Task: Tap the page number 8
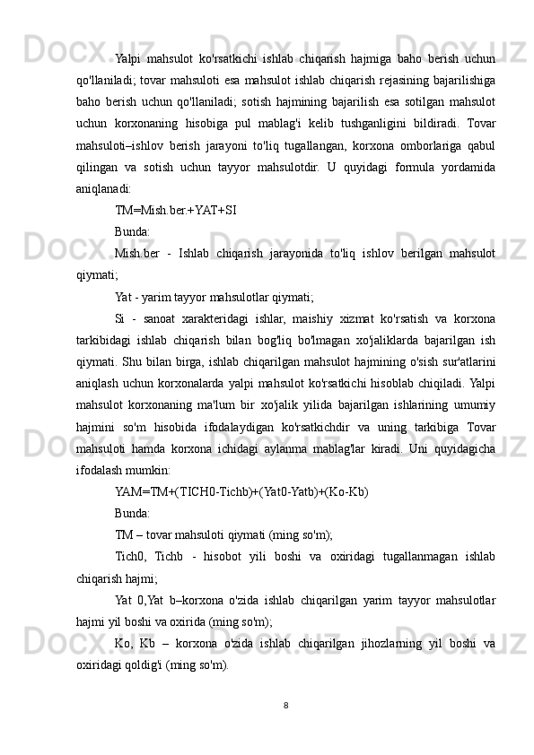[285, 705]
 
